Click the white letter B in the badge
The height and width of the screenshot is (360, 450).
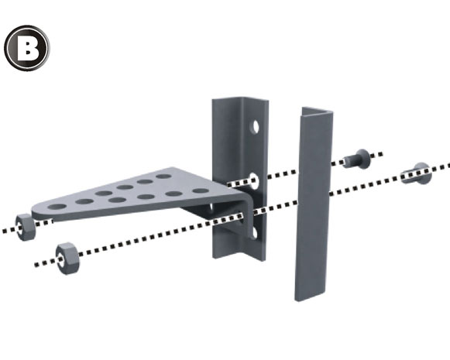click(28, 48)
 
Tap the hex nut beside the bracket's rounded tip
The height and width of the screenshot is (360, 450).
click(26, 227)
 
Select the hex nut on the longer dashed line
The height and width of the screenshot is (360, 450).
click(67, 259)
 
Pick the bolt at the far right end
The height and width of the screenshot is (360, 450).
click(417, 173)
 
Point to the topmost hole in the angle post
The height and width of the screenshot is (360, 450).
click(255, 126)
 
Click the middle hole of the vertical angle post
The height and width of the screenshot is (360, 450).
click(254, 180)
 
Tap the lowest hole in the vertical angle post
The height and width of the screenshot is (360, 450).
click(254, 232)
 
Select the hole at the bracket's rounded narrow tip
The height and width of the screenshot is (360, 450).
click(57, 207)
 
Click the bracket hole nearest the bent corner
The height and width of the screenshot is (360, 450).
click(201, 190)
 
